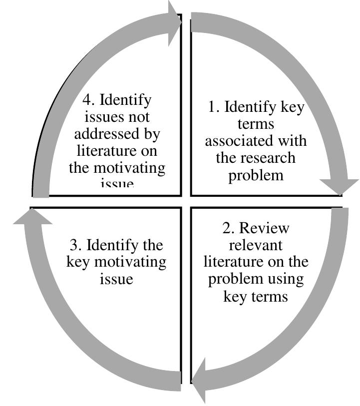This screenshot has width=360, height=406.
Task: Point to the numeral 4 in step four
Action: [89, 100]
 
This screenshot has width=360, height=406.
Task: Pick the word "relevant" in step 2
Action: [256, 246]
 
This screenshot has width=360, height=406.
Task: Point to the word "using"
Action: [286, 279]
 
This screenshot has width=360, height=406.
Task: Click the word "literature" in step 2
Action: [234, 262]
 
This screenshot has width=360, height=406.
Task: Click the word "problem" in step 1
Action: [256, 175]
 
